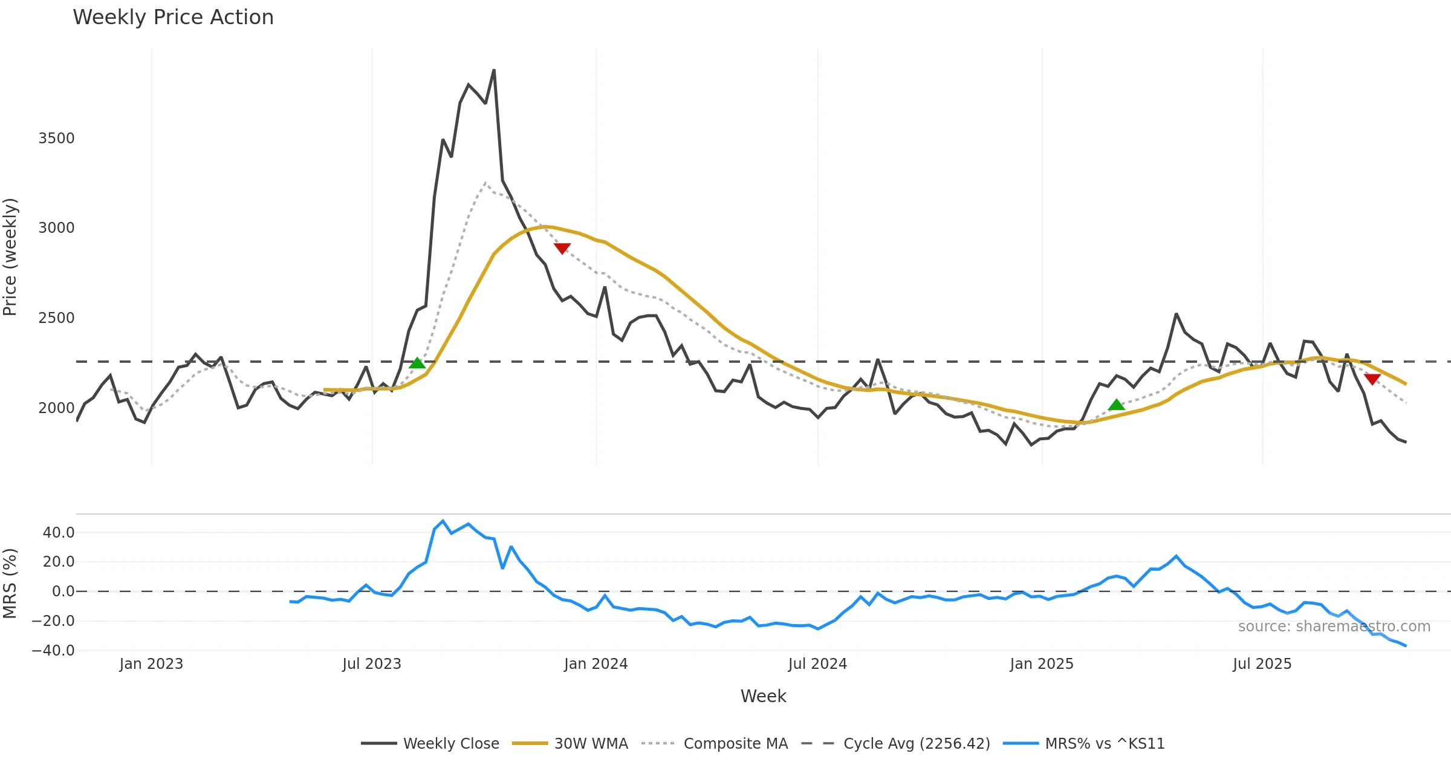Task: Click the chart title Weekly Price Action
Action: pos(173,18)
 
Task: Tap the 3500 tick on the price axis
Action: pos(56,138)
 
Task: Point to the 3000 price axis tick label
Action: pos(56,228)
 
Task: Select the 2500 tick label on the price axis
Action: pos(56,318)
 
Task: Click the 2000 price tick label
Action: pos(56,408)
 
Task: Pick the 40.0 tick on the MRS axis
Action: pos(59,533)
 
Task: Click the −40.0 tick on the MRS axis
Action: pos(53,651)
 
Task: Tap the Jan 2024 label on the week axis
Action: pos(596,664)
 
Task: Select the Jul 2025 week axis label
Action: pos(1262,664)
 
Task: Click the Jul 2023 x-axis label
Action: pos(371,664)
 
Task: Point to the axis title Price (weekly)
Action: pos(10,257)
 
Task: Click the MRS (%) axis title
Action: pos(10,584)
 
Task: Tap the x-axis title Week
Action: pos(763,697)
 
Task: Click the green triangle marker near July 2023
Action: pos(417,363)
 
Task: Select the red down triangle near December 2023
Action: pos(562,249)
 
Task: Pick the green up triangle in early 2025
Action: pos(1117,405)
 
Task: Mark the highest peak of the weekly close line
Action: pos(494,70)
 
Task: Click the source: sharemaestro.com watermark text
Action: pos(1334,627)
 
